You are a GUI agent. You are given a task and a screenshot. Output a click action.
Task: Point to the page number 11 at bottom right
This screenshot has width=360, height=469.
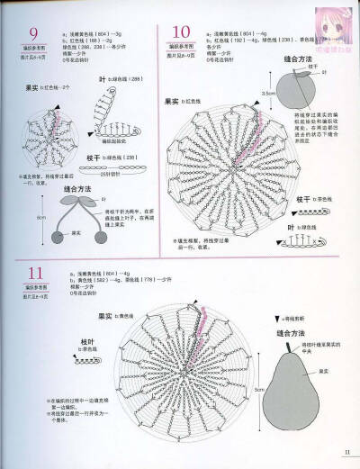point(346,453)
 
